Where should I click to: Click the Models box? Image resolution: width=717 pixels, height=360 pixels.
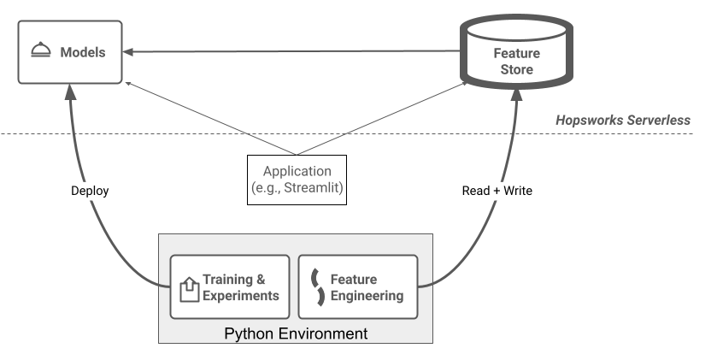pyautogui.click(x=70, y=53)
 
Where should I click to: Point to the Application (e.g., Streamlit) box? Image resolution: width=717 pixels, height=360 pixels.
pyautogui.click(x=297, y=180)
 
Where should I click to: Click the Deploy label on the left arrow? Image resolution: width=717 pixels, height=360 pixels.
pyautogui.click(x=89, y=191)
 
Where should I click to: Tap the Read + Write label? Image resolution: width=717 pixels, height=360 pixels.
pyautogui.click(x=496, y=191)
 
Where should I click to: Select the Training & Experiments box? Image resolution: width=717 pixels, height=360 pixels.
pyautogui.click(x=230, y=287)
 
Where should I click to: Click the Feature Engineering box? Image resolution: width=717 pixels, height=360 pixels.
pyautogui.click(x=358, y=287)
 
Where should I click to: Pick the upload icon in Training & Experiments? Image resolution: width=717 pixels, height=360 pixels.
pyautogui.click(x=188, y=288)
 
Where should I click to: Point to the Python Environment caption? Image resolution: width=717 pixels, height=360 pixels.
pyautogui.click(x=296, y=333)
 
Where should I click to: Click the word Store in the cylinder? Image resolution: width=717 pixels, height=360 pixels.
pyautogui.click(x=516, y=69)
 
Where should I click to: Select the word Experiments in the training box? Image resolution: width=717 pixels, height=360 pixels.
pyautogui.click(x=240, y=296)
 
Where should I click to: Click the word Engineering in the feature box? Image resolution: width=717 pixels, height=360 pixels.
pyautogui.click(x=367, y=296)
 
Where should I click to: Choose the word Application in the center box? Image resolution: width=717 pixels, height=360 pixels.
pyautogui.click(x=297, y=170)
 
